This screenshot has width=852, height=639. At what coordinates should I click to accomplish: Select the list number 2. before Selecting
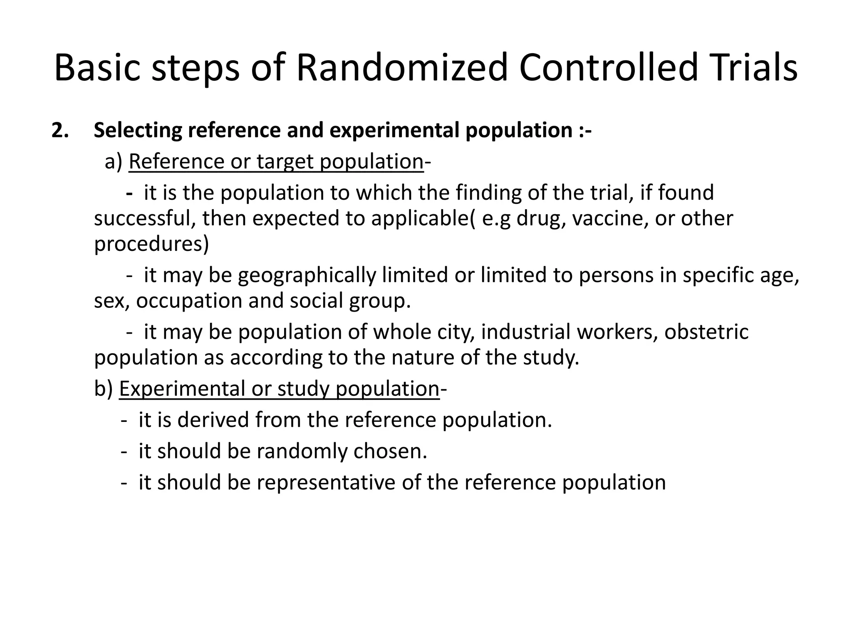pos(60,130)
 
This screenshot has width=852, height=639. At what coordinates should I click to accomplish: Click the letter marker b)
pos(103,389)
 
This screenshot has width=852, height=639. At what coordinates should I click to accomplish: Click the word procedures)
pos(151,244)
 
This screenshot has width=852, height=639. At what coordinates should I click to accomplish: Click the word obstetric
pos(706,332)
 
